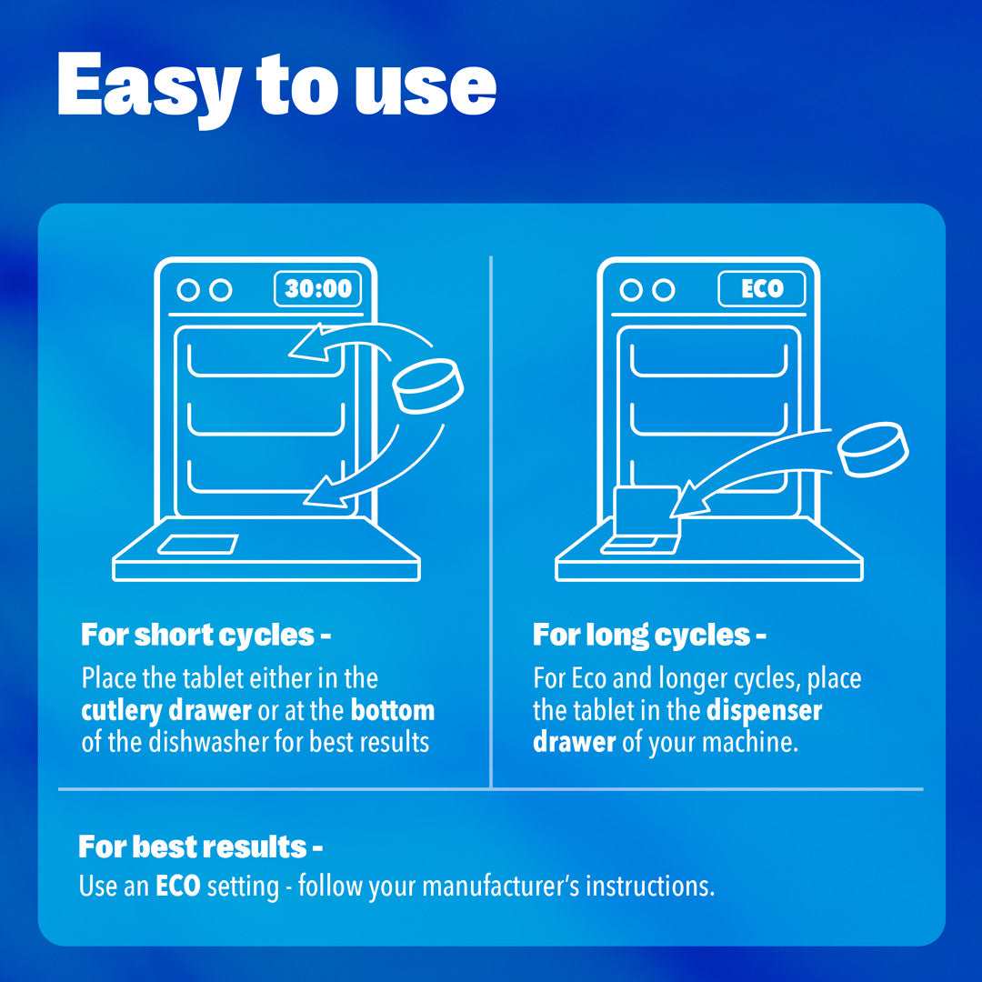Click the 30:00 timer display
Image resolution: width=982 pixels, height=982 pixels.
coord(317,289)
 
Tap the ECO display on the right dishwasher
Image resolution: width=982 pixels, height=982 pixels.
coord(762,289)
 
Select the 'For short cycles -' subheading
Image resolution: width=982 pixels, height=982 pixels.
coord(205,635)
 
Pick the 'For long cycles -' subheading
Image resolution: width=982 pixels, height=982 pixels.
coord(649,635)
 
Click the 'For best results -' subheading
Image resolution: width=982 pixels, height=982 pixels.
coord(200,847)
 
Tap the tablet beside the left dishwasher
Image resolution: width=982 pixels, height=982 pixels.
coord(428,386)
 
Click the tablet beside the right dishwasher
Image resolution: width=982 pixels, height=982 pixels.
coord(873,450)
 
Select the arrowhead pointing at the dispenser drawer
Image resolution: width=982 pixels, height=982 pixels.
coord(689,500)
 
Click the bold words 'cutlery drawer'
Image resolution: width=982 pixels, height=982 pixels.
coord(166,710)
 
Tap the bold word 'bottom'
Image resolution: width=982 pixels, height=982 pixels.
coord(393,710)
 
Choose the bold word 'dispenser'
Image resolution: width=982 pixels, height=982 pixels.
coord(764,710)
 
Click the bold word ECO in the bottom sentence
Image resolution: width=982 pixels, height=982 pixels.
coord(178,887)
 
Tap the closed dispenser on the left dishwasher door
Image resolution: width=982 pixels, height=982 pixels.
coord(197,545)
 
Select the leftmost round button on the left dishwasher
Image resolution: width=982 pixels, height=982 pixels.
coord(188,290)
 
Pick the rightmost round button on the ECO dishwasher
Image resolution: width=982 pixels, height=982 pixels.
coord(663,290)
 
